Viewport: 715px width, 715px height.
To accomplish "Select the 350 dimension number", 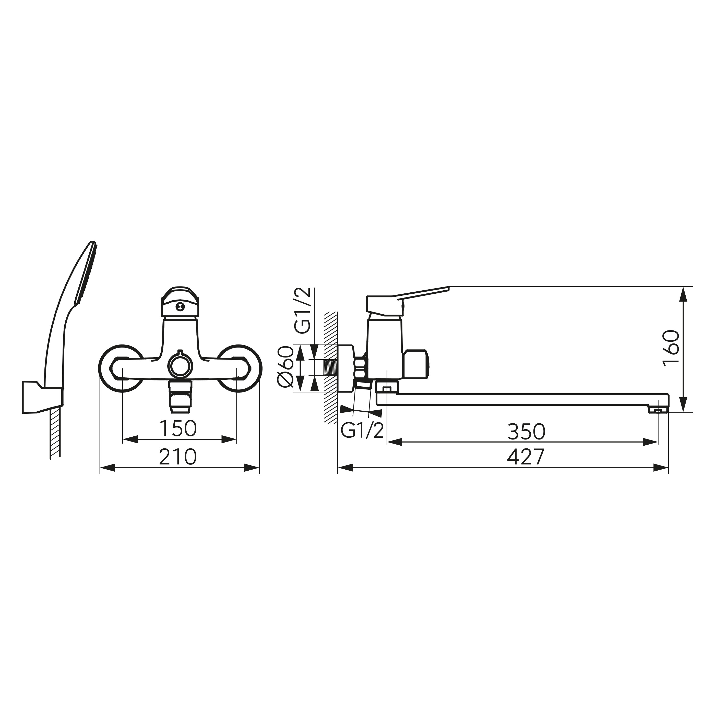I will point(526,431).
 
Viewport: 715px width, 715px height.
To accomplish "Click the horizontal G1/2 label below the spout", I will point(362,431).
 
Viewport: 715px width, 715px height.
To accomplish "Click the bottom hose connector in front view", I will point(180,397).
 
